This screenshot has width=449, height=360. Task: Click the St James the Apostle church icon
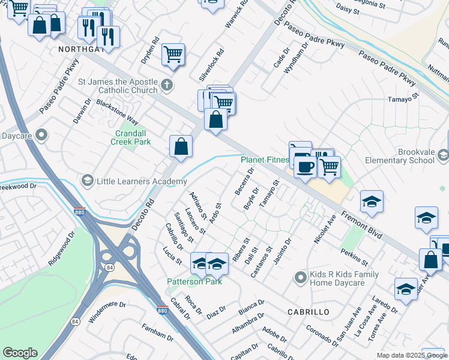166,86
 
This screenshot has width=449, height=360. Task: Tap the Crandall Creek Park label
130,137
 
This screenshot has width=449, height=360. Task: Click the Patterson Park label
194,281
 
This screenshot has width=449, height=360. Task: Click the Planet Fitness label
264,160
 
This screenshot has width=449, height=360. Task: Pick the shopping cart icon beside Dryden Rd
173,54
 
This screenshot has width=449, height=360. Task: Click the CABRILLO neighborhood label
309,312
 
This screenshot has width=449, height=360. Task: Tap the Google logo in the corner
20,353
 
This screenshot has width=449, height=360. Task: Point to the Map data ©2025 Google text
412,355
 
